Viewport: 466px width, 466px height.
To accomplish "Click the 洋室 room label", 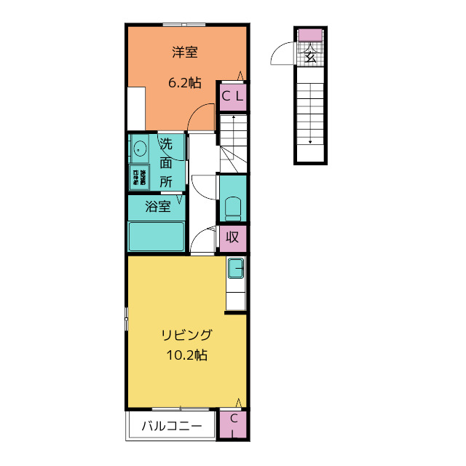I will (x=186, y=52).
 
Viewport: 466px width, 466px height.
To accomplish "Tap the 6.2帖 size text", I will (x=185, y=83).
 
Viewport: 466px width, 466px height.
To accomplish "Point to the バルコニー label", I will (x=171, y=427).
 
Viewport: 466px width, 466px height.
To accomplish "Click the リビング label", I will (x=186, y=336).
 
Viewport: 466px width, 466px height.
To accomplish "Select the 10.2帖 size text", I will (x=186, y=356).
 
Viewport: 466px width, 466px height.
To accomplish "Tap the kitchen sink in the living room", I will (x=236, y=269).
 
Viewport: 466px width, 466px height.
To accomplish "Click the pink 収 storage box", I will (x=232, y=237).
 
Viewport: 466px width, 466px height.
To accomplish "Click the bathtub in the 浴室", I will (x=157, y=237).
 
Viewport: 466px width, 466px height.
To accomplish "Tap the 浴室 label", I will (x=158, y=206).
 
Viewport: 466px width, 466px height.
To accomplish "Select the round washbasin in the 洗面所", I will (x=139, y=151).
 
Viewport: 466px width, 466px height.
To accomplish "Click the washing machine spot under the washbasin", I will (x=138, y=177).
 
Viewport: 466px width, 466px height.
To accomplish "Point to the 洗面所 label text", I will (x=166, y=163).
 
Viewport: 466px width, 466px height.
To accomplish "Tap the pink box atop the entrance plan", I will (x=310, y=34).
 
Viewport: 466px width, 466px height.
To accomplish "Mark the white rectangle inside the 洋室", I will (x=136, y=108).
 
